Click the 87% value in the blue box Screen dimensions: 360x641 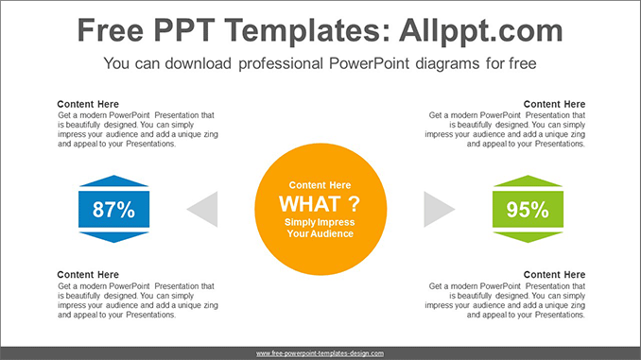click(x=113, y=210)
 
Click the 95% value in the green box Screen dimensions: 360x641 click(x=527, y=210)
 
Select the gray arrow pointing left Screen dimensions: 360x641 click(x=204, y=209)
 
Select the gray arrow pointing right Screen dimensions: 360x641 click(x=437, y=209)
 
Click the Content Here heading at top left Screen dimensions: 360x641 click(x=88, y=104)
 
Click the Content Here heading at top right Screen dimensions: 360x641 click(x=554, y=104)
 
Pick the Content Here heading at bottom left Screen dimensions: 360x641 click(x=88, y=275)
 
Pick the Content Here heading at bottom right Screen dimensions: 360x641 click(x=554, y=275)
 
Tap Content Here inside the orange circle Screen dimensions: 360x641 click(x=320, y=185)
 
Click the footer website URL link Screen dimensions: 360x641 click(x=320, y=352)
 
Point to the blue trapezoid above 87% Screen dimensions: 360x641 click(x=113, y=181)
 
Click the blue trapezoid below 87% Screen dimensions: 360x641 click(x=113, y=236)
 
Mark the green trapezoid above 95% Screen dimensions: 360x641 click(x=527, y=181)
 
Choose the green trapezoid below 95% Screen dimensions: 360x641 click(x=527, y=236)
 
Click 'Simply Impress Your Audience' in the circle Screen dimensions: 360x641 click(x=320, y=227)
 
